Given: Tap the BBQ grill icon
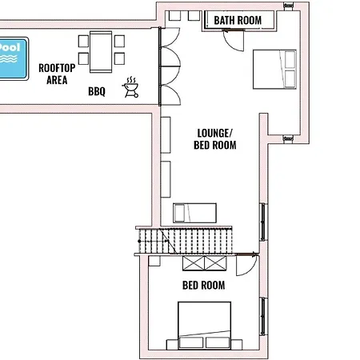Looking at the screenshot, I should (x=130, y=87).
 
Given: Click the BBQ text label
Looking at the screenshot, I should (x=97, y=91).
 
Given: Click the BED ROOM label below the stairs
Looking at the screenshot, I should (x=203, y=285).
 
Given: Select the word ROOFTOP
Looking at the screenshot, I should (x=55, y=68).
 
